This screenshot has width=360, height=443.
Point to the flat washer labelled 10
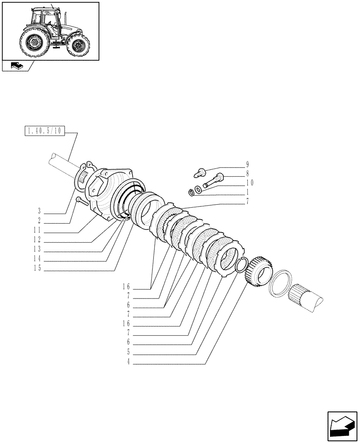[198, 190]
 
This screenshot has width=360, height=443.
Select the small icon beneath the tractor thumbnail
[16, 66]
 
